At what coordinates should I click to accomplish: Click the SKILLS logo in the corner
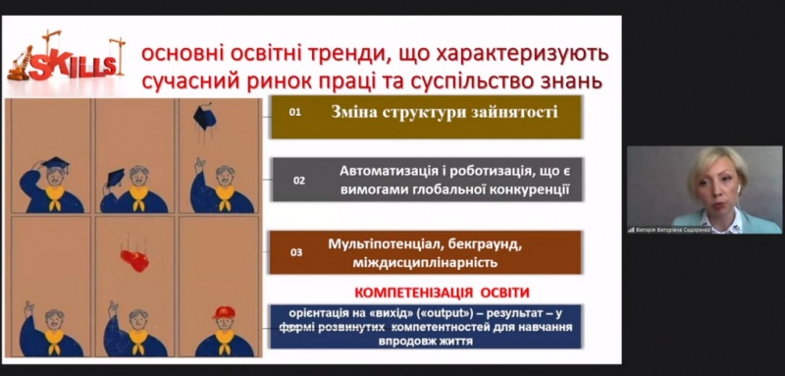point(67,61)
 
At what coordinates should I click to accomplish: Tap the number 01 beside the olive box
point(294,113)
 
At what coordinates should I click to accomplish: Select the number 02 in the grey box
point(299,181)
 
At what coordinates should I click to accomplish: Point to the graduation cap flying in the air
point(204,117)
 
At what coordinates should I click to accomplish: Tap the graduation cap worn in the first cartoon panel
point(55,164)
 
